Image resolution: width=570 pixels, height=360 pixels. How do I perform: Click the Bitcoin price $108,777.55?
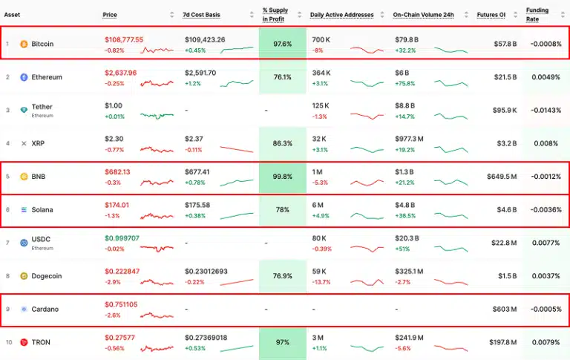[x=125, y=39]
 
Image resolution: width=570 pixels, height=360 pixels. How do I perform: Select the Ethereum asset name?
[x=47, y=77]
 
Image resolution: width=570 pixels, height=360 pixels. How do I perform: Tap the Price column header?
[x=110, y=15]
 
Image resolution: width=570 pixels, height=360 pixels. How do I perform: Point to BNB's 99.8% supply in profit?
[x=282, y=177]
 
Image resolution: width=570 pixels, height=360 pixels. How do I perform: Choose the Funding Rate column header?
[x=538, y=15]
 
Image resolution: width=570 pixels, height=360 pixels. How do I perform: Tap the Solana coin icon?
[x=24, y=210]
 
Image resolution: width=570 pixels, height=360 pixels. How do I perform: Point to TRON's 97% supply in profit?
[x=282, y=342]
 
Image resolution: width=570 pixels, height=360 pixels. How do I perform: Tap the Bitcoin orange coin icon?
[x=24, y=45]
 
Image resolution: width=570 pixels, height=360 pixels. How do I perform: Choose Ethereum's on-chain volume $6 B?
[x=402, y=73]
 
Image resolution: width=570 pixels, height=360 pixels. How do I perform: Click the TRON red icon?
[x=24, y=342]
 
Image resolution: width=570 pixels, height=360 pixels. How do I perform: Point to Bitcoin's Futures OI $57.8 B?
[x=505, y=45]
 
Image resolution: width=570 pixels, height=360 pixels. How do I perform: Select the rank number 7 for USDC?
[x=7, y=243]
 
